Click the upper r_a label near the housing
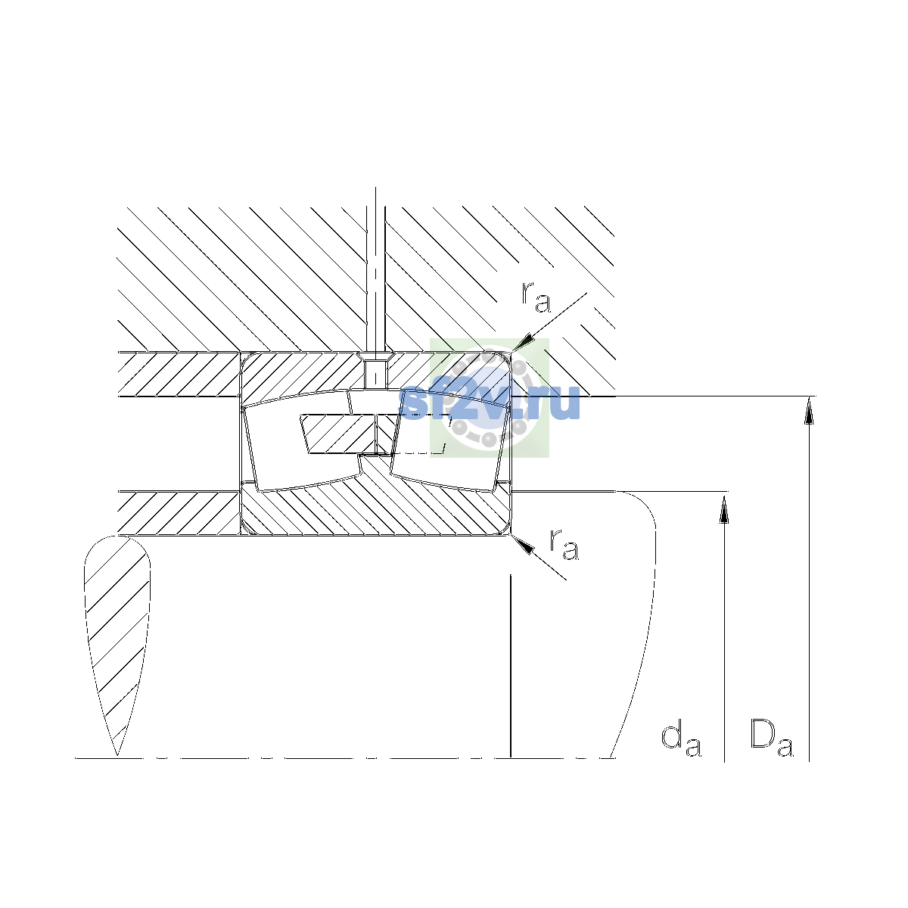(535, 298)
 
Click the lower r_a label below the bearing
(564, 545)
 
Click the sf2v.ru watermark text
(489, 404)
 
